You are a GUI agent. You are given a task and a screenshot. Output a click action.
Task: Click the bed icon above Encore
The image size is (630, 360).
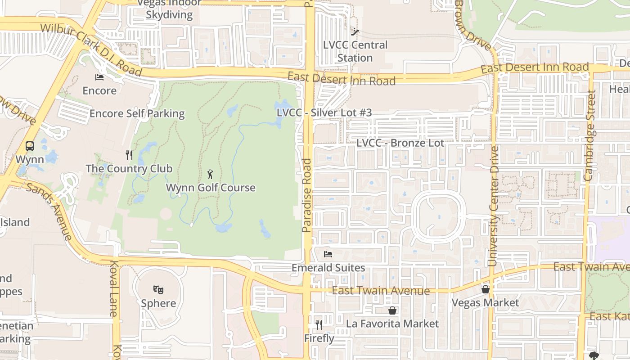(99, 77)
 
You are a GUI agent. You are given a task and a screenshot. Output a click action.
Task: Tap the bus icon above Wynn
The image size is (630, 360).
(30, 146)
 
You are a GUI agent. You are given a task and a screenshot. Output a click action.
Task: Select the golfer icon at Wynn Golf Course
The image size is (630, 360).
(210, 174)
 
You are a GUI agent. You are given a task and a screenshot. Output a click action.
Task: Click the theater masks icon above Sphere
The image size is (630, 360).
(158, 289)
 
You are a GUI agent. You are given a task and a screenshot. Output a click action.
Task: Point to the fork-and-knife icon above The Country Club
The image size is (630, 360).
(129, 155)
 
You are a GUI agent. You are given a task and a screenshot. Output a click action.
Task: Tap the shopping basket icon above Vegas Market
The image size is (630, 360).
(485, 289)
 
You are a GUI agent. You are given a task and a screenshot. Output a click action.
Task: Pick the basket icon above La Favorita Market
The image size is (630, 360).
(392, 310)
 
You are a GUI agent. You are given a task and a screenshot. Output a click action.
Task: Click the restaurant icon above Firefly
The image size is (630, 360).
(319, 325)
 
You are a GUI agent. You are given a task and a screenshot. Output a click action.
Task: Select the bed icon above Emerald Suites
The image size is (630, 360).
(328, 254)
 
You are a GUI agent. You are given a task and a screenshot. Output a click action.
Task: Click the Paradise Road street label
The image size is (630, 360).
(307, 195)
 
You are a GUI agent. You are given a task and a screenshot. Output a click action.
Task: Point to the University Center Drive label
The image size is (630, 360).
(494, 205)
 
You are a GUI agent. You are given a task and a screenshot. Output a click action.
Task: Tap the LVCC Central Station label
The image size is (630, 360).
(355, 51)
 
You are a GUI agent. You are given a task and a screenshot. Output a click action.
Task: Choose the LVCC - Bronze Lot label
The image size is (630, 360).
(400, 143)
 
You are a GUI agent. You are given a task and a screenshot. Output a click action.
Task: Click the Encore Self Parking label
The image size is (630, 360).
(137, 113)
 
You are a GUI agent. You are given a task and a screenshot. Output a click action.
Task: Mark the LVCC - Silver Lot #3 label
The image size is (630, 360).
(324, 112)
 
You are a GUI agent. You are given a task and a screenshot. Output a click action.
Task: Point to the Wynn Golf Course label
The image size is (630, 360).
(211, 188)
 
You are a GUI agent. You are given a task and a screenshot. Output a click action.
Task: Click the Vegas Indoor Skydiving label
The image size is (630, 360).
(169, 9)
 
